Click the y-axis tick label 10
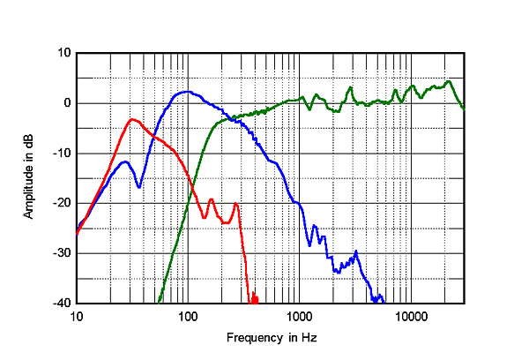[64, 53]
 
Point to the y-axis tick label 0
[67, 103]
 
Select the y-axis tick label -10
[63, 154]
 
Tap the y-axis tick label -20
[63, 203]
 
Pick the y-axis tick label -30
[63, 253]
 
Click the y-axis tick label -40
[63, 303]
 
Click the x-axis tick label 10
[76, 316]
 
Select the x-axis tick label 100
[188, 316]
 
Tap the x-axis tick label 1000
[299, 316]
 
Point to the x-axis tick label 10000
[410, 316]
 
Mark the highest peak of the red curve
[131, 119]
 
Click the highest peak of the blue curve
[185, 91]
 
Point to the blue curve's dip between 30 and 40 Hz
[138, 187]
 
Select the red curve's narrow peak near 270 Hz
[235, 204]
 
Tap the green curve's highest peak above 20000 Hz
[449, 82]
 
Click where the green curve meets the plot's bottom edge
[160, 302]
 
